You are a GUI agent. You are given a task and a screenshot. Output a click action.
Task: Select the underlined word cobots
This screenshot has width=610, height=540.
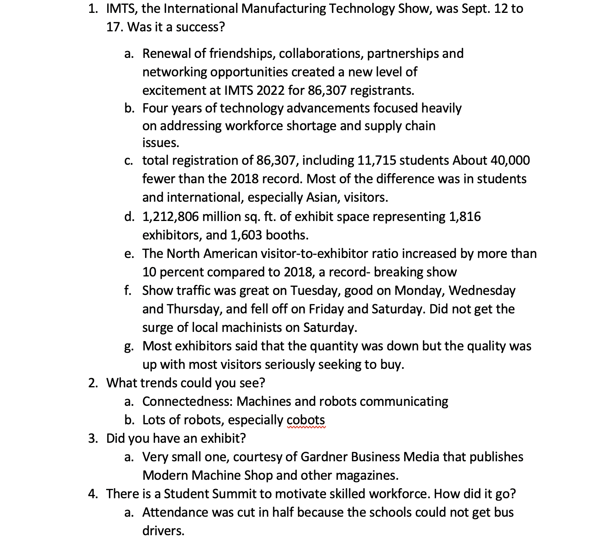point(306,420)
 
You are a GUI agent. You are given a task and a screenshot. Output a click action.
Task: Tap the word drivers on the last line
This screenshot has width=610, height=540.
point(163,531)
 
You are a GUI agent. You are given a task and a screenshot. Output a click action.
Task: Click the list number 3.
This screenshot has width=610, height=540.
point(92,438)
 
